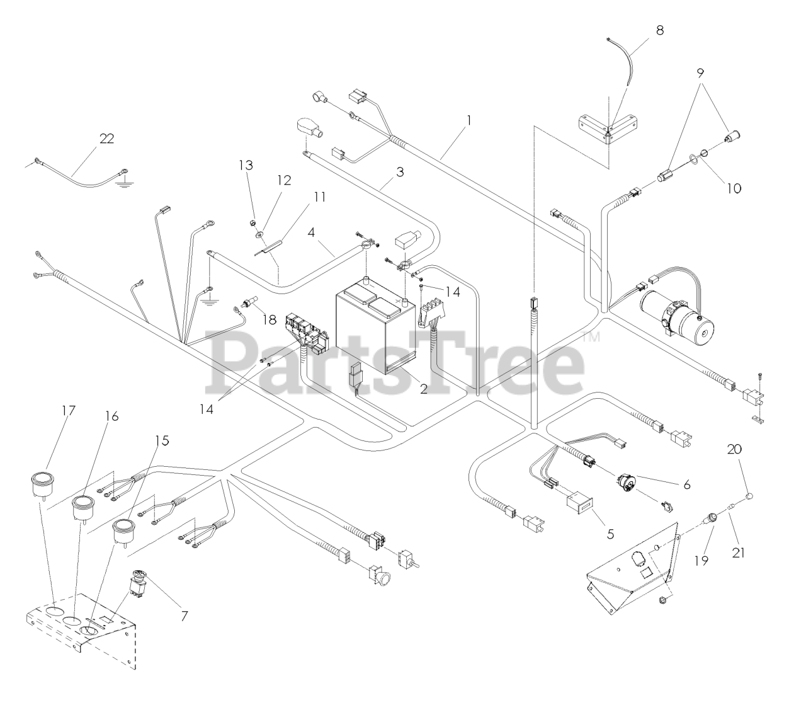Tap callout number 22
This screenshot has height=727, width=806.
click(106, 139)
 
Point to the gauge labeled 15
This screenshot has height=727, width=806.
click(123, 529)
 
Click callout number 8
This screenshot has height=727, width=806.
click(659, 30)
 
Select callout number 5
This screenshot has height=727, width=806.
click(610, 533)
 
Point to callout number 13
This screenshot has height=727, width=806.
click(246, 166)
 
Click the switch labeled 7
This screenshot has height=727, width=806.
click(139, 583)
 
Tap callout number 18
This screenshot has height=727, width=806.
click(270, 320)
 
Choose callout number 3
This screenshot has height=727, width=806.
click(400, 171)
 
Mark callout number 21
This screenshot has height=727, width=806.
click(739, 553)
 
